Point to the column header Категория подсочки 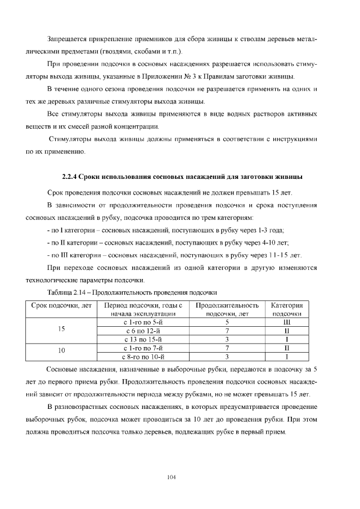tap(287, 309)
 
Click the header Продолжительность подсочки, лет tap(227, 309)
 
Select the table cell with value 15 tap(62, 330)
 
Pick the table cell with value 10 tap(62, 351)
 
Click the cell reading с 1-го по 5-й tap(142, 322)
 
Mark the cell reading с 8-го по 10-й tap(142, 356)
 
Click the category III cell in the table tap(287, 322)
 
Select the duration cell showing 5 tap(227, 322)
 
